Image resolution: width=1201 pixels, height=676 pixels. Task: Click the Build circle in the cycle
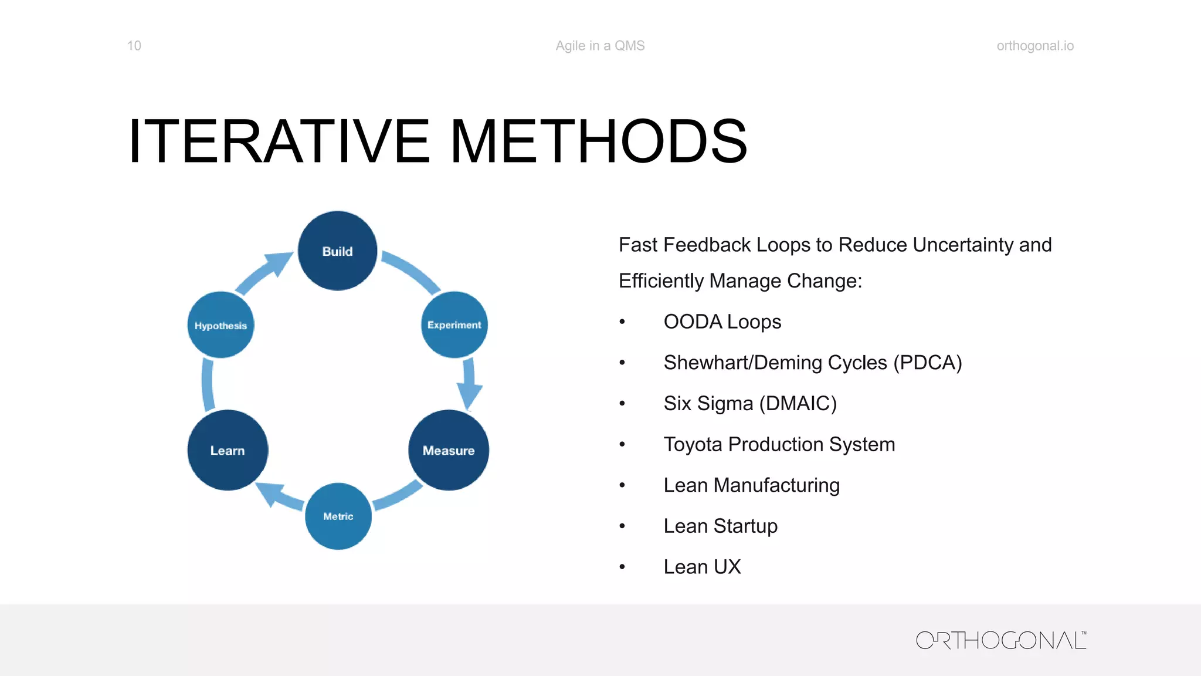coord(337,251)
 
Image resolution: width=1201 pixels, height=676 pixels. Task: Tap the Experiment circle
coord(454,325)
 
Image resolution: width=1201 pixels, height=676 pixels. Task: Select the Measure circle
coord(449,450)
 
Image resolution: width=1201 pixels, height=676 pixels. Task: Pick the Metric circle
coord(338,516)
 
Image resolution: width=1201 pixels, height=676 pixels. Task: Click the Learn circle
coord(228,450)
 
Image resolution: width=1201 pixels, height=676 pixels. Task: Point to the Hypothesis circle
coord(220,325)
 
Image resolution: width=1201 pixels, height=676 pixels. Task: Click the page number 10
coord(134,46)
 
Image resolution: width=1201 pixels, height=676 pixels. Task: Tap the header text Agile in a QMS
coord(600,46)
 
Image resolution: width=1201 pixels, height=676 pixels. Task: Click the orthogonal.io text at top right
coord(1035,46)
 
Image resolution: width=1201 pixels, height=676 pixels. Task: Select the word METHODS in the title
coord(598,141)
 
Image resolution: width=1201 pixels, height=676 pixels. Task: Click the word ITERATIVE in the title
coord(279,141)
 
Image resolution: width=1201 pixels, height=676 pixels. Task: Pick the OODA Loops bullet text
coord(722,322)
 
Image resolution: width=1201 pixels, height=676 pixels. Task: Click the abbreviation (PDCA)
coord(927,363)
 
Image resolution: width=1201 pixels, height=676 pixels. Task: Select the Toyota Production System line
coord(779,444)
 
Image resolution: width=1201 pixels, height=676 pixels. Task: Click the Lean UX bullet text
coord(702,567)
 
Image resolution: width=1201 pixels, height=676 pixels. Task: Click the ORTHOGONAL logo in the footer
coord(1000,640)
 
